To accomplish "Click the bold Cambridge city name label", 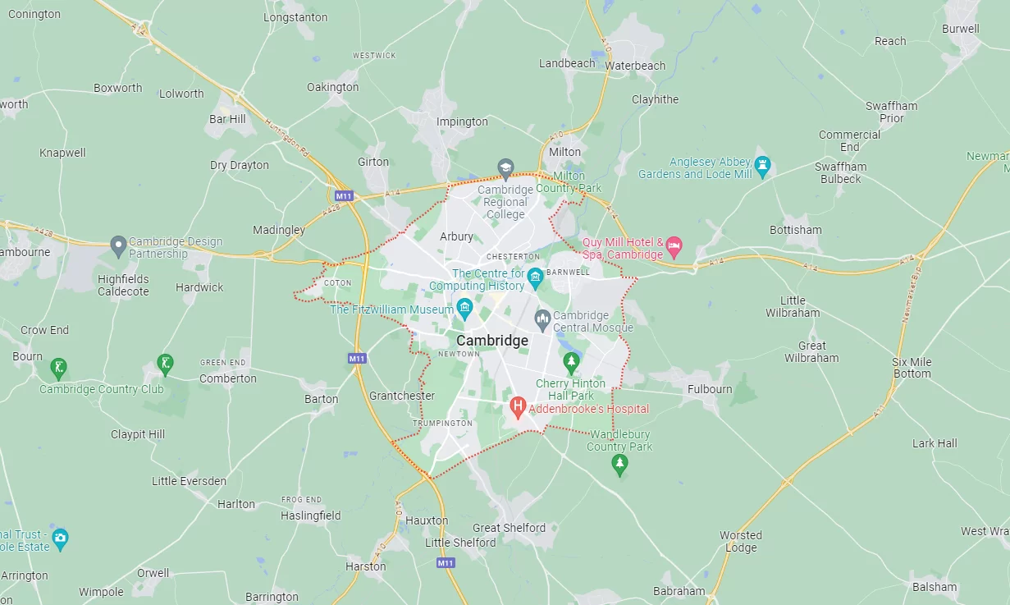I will pos(492,341).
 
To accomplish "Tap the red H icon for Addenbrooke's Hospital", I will pos(518,406).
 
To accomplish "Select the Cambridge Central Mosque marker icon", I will pos(542,318).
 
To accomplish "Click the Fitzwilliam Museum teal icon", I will pos(464,309).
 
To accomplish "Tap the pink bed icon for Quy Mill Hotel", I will pos(674,245).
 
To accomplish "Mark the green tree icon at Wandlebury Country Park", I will pos(619,465).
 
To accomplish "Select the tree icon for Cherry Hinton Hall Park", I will pos(571,361).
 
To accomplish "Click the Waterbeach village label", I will pos(635,66).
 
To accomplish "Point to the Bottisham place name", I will pos(795,230).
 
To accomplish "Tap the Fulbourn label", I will pos(710,389).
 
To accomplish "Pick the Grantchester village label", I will pos(402,396).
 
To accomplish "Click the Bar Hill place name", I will pos(227,119).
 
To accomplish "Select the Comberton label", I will pos(228,378).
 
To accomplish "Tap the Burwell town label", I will pos(960,29).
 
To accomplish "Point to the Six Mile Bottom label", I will pos(912,368).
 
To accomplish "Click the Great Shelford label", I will pos(509,528).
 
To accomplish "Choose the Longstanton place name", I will pos(295,17).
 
